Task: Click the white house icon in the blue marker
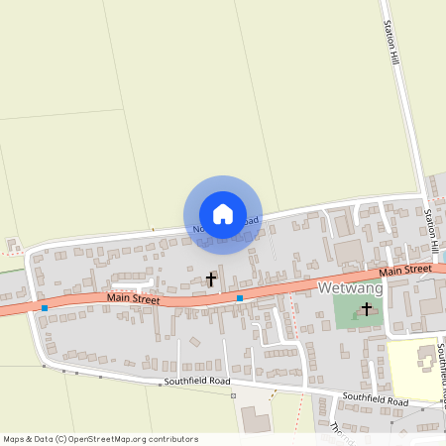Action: [x=223, y=213]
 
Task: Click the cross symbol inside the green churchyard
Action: [x=367, y=310]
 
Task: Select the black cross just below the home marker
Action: [x=210, y=280]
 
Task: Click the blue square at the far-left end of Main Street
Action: [x=45, y=308]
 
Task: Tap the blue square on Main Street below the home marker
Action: [x=240, y=297]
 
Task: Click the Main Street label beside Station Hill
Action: [x=405, y=269]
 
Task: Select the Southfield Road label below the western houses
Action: [x=198, y=381]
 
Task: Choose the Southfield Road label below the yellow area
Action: [x=376, y=399]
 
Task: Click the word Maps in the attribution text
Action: [x=15, y=438]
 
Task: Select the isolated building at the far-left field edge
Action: [x=13, y=244]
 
